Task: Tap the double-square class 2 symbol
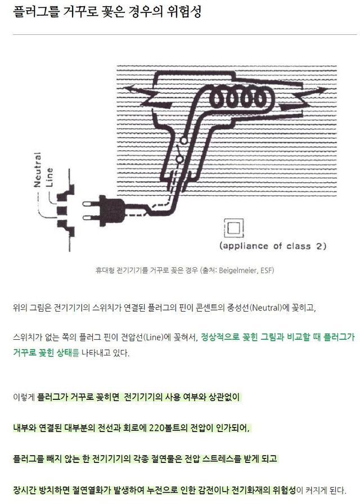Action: pyautogui.click(x=232, y=228)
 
